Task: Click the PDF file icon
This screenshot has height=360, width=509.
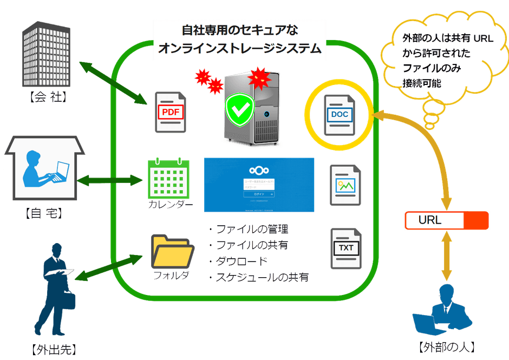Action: point(170,112)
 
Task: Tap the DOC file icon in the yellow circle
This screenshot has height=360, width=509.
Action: point(340,114)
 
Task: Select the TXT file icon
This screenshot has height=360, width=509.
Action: point(345,248)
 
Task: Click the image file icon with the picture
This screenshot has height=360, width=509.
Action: point(345,185)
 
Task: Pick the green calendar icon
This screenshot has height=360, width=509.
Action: point(167,178)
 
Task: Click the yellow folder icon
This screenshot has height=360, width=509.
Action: point(173,251)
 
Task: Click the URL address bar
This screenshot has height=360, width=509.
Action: point(447,220)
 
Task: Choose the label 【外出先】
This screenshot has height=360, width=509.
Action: point(51,349)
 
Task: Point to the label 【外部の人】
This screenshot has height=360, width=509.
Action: point(447,346)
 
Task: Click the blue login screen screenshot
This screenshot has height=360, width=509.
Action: point(259,185)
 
